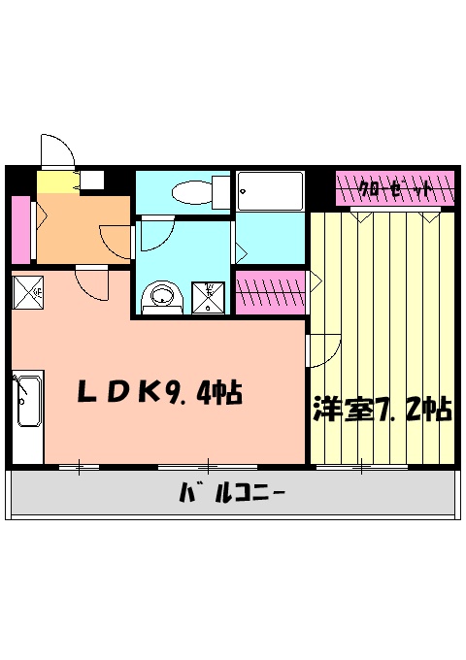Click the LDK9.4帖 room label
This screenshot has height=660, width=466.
160,393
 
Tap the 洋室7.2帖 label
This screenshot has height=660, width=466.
382,410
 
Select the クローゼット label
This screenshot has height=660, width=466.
395,188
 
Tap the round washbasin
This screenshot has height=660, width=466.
161,297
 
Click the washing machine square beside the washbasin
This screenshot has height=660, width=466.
208,295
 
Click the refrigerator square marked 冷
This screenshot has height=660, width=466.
29,289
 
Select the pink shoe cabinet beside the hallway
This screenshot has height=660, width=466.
20,228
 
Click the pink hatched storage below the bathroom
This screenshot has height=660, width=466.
271,292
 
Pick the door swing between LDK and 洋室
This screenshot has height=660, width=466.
323,350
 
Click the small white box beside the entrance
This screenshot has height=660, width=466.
93,180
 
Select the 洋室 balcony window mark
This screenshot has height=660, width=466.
360,468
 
